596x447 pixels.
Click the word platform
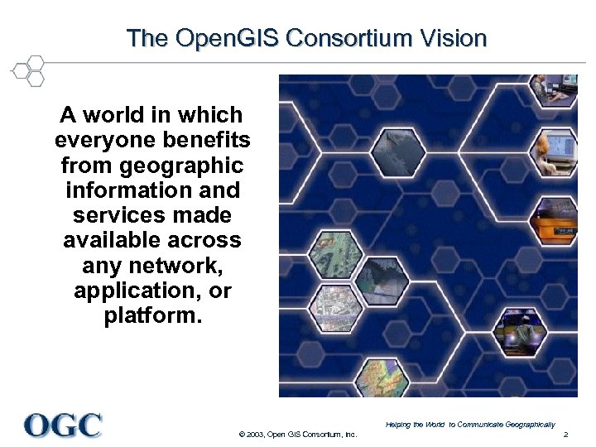pyautogui.click(x=152, y=317)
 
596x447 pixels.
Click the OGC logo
pyautogui.click(x=63, y=425)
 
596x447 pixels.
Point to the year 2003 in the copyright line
pyautogui.click(x=254, y=435)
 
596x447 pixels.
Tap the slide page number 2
pyautogui.click(x=565, y=435)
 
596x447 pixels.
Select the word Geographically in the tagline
pyautogui.click(x=526, y=425)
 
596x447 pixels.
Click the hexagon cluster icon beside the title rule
pyautogui.click(x=28, y=70)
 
